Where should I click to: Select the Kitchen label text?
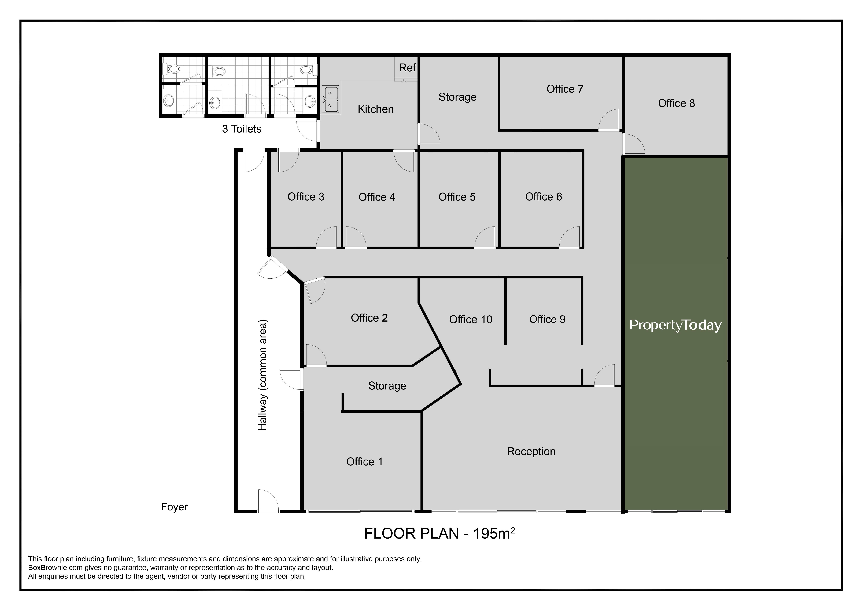pyautogui.click(x=375, y=109)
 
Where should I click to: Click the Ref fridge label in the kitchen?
pyautogui.click(x=407, y=68)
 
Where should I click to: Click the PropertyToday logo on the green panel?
pyautogui.click(x=675, y=325)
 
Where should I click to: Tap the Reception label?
pyautogui.click(x=531, y=451)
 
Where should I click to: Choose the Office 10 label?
pyautogui.click(x=471, y=319)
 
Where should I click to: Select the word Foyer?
pyautogui.click(x=174, y=507)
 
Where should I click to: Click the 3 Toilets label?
pyautogui.click(x=242, y=129)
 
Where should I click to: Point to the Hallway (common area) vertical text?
pyautogui.click(x=263, y=375)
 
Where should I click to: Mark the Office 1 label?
pyautogui.click(x=364, y=462)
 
